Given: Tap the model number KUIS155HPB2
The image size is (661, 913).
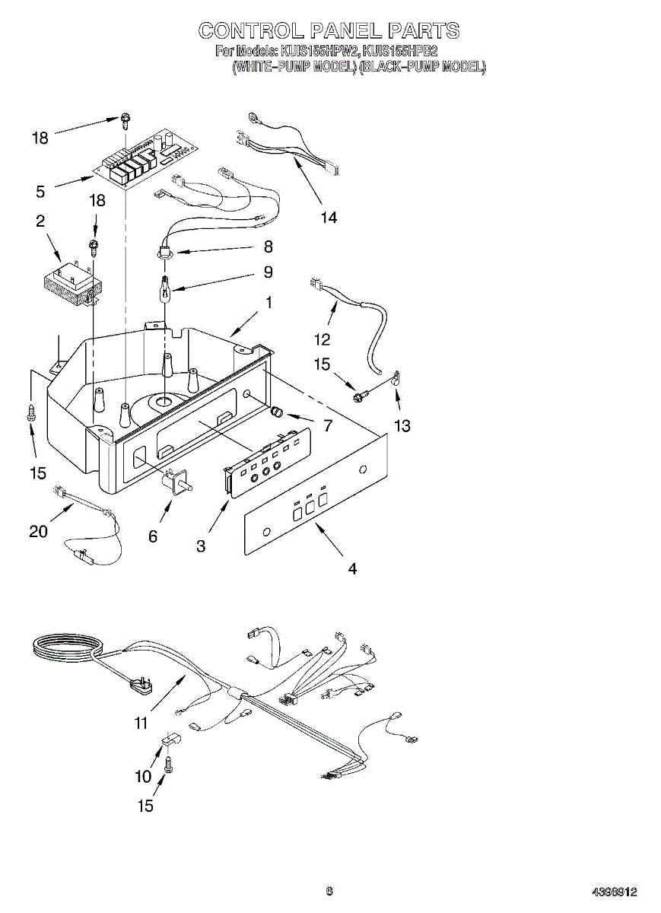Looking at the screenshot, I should pyautogui.click(x=399, y=52).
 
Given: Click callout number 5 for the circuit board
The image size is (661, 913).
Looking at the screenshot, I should pyautogui.click(x=40, y=191).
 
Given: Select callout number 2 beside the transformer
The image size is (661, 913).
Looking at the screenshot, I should pyautogui.click(x=40, y=221).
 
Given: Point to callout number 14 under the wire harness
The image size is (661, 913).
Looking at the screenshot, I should pyautogui.click(x=328, y=218).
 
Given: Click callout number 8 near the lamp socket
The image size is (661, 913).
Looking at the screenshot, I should pyautogui.click(x=268, y=247).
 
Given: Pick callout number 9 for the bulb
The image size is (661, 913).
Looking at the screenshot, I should pyautogui.click(x=268, y=272).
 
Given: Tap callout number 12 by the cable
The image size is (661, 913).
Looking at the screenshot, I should pyautogui.click(x=322, y=339).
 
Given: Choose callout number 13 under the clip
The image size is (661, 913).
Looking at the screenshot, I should pyautogui.click(x=402, y=426).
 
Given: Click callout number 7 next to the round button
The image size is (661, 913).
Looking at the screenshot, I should pyautogui.click(x=328, y=426).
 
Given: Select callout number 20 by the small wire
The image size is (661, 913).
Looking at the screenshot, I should pyautogui.click(x=38, y=532).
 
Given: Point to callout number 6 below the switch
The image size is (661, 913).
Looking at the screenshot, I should pyautogui.click(x=153, y=536).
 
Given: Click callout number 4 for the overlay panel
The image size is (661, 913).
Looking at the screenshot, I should pyautogui.click(x=351, y=568).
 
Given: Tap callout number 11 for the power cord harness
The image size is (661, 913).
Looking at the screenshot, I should pyautogui.click(x=141, y=724).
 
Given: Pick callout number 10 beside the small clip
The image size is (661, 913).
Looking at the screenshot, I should pyautogui.click(x=143, y=777).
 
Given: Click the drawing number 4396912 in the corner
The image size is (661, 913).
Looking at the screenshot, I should pyautogui.click(x=615, y=892).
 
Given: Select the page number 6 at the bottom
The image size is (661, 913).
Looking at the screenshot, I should pyautogui.click(x=329, y=892).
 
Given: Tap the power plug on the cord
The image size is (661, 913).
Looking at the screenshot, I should pyautogui.click(x=145, y=685).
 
